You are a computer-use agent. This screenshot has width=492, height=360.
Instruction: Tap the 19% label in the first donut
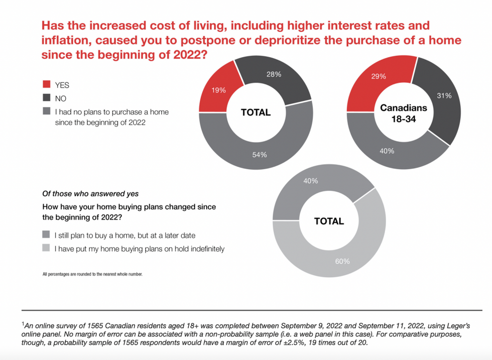(219, 90)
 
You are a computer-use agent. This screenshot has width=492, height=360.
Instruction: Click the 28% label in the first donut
(274, 74)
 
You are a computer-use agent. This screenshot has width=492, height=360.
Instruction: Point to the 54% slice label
(259, 155)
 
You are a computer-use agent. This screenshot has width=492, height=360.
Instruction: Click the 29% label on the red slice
(379, 77)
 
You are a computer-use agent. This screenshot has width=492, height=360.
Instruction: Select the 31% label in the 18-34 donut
(444, 95)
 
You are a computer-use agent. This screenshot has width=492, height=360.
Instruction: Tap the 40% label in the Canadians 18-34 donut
(387, 151)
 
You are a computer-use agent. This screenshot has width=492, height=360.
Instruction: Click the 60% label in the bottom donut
(342, 262)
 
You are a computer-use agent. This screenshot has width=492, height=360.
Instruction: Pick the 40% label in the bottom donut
(310, 181)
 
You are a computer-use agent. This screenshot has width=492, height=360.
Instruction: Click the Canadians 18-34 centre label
(403, 113)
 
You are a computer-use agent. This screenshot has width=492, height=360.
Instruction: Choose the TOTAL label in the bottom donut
(329, 221)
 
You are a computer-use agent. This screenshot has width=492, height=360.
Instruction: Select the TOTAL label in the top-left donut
(256, 112)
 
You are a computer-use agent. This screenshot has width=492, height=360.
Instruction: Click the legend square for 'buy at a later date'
(46, 235)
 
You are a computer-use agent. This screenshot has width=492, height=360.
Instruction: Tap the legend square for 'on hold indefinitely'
(46, 249)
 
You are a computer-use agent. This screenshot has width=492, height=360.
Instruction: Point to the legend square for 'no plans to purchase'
(47, 112)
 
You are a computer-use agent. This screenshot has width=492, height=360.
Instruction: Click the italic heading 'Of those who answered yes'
(90, 194)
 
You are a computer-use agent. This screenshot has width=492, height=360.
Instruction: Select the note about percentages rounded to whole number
(92, 274)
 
